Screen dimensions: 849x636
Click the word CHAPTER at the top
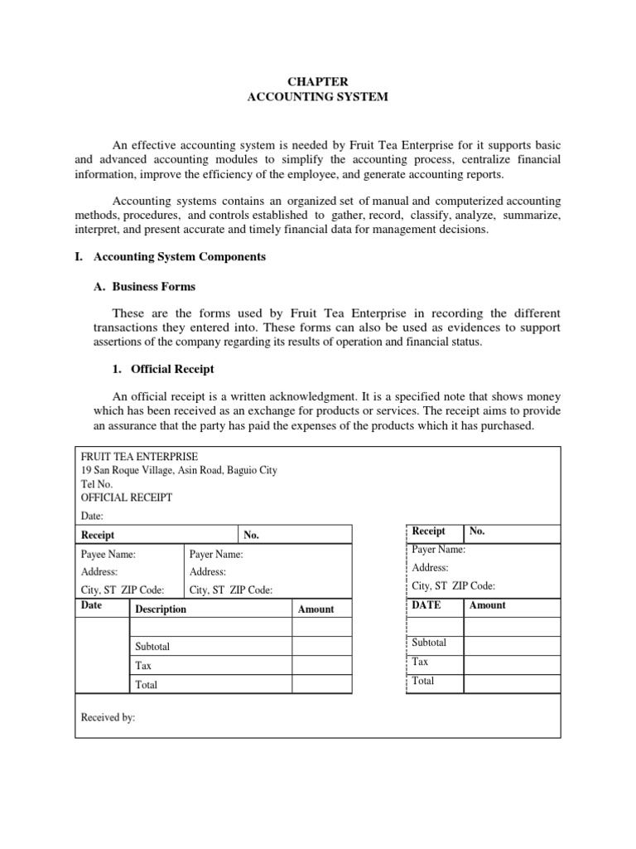point(318,81)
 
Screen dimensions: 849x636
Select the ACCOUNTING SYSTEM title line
point(318,97)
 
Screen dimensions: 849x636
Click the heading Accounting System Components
point(179,257)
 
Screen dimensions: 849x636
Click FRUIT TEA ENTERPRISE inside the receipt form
point(139,456)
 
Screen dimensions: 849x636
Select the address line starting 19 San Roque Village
point(179,470)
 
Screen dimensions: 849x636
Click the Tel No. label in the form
point(96,484)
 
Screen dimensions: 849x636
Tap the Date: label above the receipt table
point(92,516)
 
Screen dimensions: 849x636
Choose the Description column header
point(161,609)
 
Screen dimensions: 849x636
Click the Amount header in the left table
point(316,609)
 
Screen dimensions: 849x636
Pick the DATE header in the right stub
point(426,605)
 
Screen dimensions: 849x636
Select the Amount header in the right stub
point(487,605)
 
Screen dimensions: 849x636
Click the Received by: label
point(108,718)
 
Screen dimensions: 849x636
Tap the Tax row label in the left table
point(143,666)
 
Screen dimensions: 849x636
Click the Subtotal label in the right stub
point(429,643)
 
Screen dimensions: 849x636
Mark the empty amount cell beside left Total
point(322,685)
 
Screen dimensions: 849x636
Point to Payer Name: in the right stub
point(438,549)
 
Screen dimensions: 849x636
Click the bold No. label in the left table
point(252,536)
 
